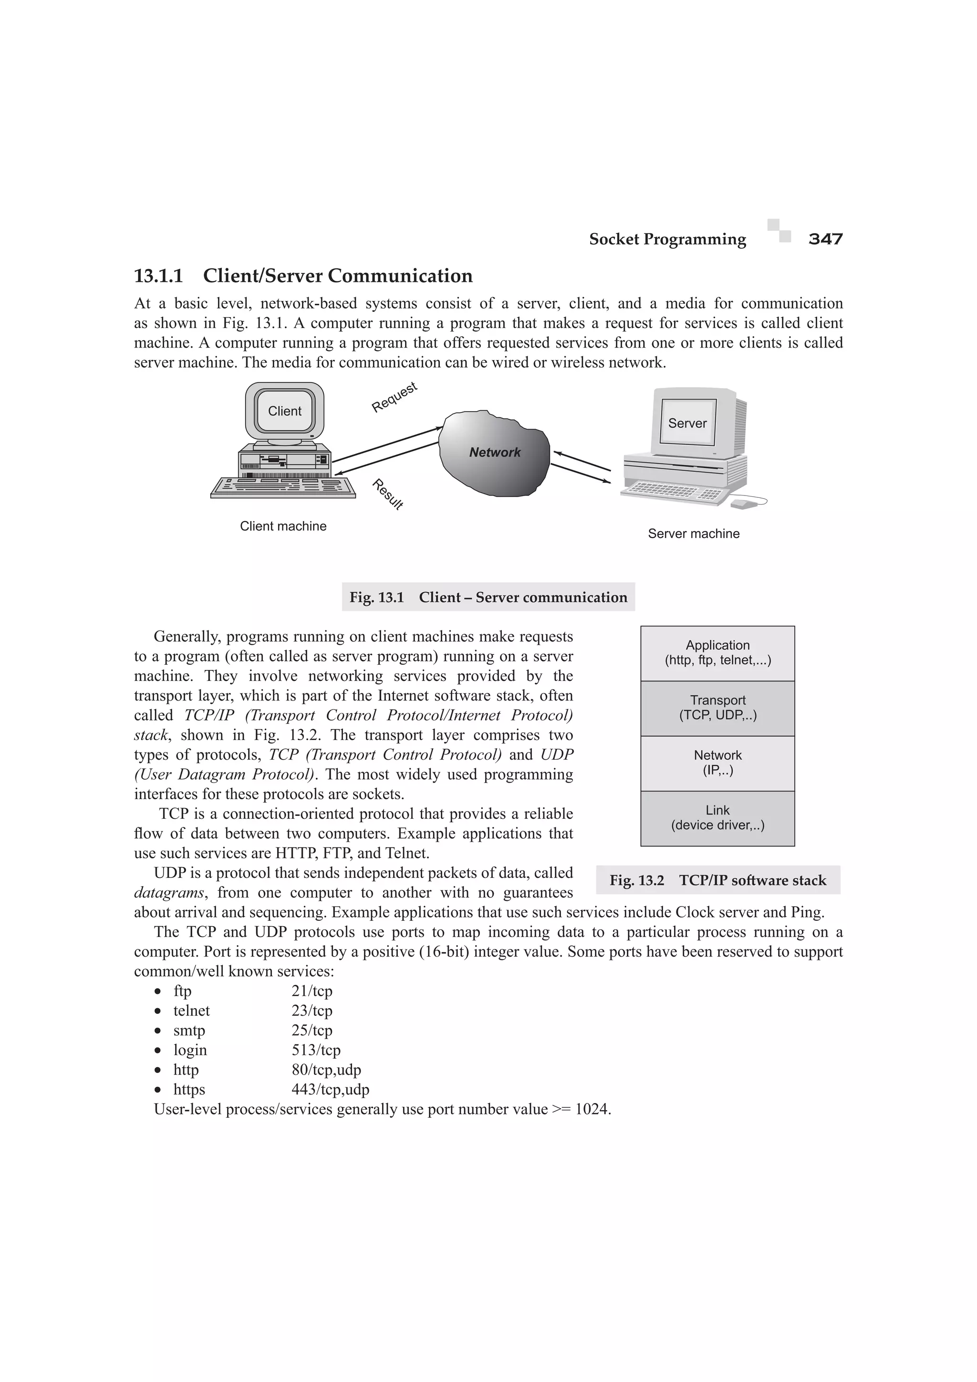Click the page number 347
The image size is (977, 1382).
pos(825,239)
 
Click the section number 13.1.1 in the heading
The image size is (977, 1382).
pos(158,276)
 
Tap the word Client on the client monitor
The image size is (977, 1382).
pos(284,411)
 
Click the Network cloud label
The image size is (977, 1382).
pos(495,453)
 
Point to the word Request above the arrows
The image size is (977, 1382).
pos(395,397)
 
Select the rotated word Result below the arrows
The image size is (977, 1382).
pos(387,494)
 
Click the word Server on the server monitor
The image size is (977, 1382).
pos(687,423)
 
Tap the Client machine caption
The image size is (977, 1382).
pos(283,526)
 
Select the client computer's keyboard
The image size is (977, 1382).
pos(283,487)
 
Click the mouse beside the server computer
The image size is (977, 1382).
pos(744,504)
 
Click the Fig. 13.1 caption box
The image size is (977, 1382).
pos(488,597)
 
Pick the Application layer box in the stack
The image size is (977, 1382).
pos(717,653)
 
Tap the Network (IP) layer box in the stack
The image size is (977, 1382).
pos(717,763)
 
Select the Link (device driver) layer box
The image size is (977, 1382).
pos(717,818)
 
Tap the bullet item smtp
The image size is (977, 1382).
pos(189,1030)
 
